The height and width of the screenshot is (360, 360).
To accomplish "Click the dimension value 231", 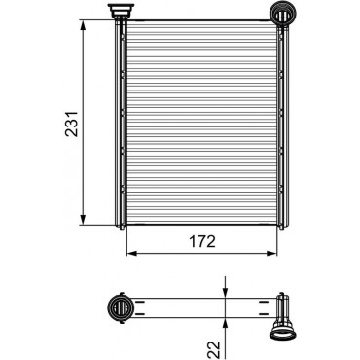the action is tap(72, 124).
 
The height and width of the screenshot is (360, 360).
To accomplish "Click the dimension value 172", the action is tap(202, 241).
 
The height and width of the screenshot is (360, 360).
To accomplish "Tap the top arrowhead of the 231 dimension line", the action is tap(84, 25).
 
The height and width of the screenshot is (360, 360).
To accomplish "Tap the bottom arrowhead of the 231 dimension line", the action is tap(84, 219).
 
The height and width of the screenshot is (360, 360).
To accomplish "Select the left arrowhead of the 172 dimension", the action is tap(132, 253).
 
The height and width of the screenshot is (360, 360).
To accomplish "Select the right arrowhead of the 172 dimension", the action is tap(271, 253).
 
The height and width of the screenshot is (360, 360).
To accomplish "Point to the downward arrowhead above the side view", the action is tap(226, 291).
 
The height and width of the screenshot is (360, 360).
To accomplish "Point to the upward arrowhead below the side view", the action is tap(226, 324).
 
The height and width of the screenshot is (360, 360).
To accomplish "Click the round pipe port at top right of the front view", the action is tap(283, 14).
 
